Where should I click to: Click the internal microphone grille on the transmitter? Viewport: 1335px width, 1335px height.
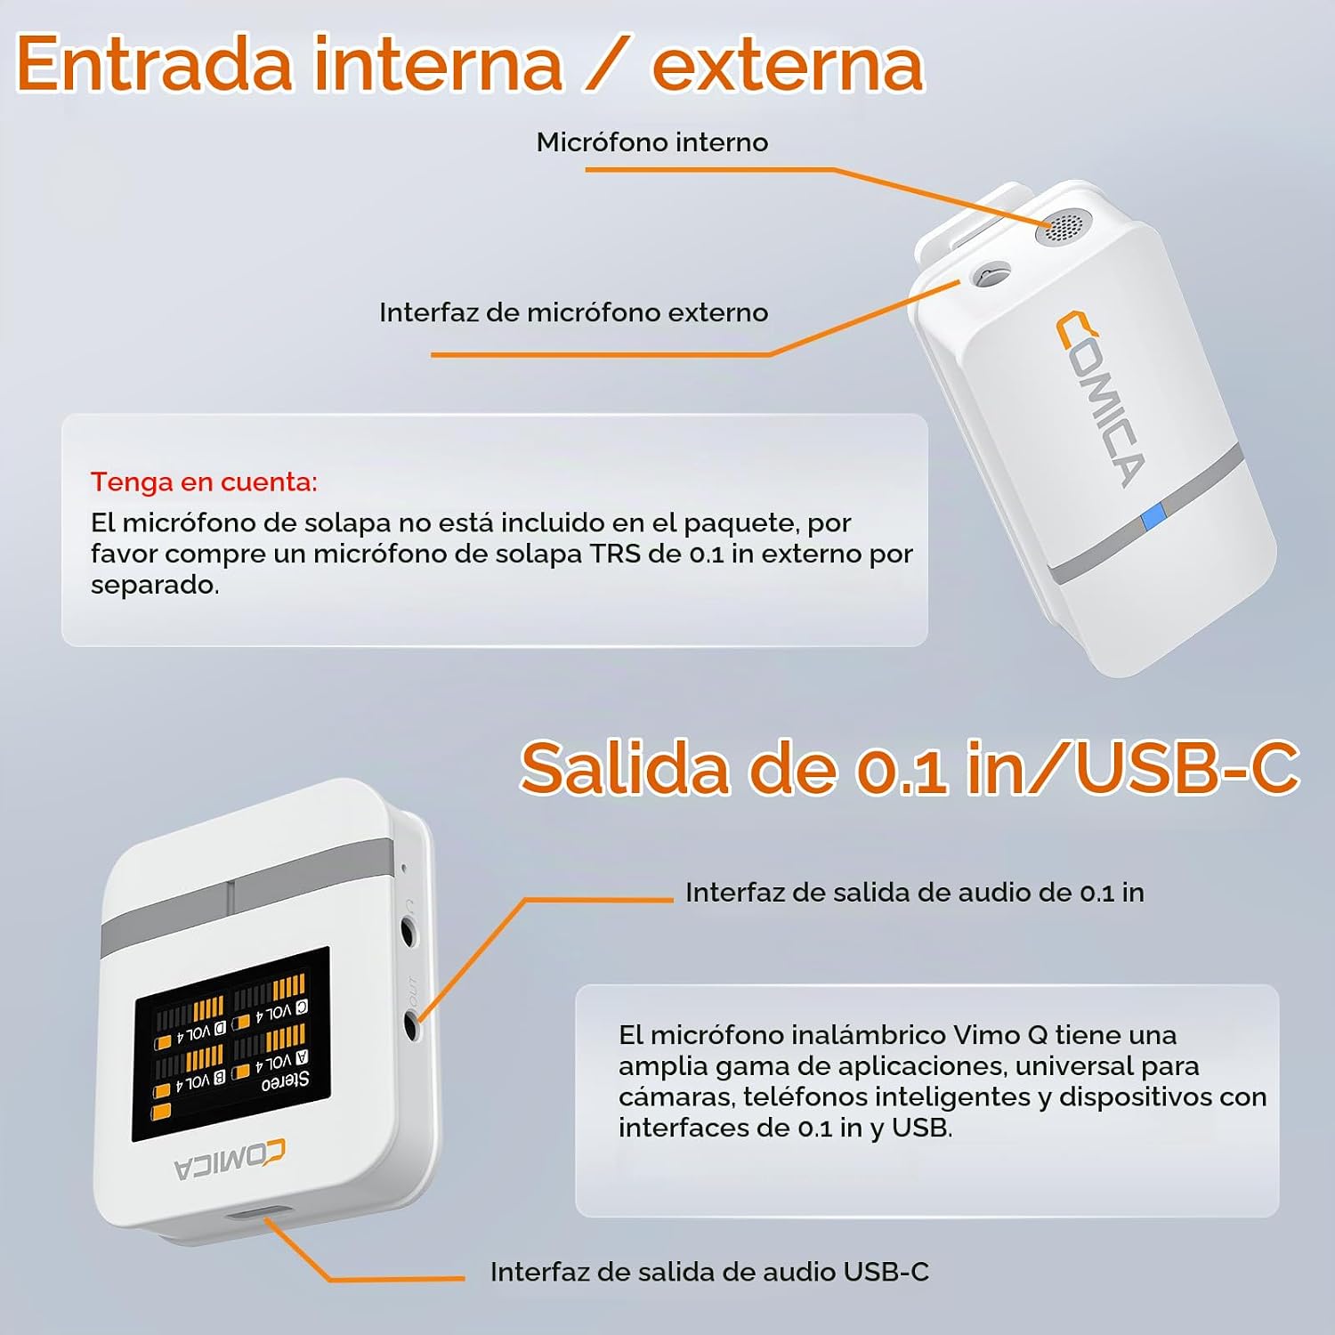coord(1062,227)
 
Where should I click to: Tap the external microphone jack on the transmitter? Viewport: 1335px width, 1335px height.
coord(990,274)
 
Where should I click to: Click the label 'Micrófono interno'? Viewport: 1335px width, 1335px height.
coord(652,142)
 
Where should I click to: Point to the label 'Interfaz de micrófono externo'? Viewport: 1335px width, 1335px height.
coord(574,312)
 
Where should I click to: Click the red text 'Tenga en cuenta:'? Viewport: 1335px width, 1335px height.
coord(204,481)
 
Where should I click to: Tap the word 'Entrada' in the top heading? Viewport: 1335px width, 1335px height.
coord(155,64)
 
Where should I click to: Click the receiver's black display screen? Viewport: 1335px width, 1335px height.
coord(231,1043)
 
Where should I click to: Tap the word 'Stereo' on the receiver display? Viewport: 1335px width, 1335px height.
coord(285,1081)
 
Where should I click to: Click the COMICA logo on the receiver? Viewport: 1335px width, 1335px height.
coord(230,1160)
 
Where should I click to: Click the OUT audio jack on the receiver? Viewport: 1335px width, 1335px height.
coord(411,1025)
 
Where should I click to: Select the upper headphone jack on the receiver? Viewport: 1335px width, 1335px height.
coord(409,933)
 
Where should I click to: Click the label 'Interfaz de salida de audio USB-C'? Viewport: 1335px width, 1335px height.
coord(709,1272)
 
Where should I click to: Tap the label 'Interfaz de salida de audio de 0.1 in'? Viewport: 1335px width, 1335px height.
coord(915,893)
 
